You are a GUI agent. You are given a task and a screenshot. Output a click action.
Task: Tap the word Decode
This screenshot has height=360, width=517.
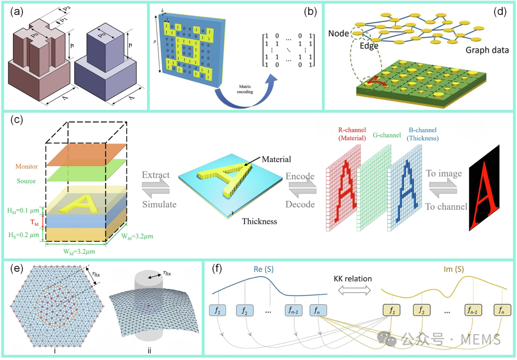[300, 204]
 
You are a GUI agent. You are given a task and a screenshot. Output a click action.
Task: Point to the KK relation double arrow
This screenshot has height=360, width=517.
[353, 290]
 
